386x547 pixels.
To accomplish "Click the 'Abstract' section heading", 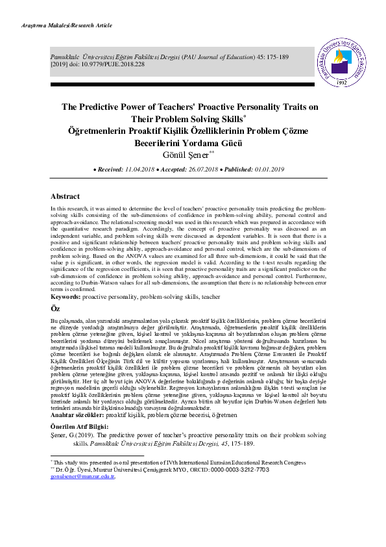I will (66, 196).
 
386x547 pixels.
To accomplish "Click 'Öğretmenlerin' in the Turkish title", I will (98, 130).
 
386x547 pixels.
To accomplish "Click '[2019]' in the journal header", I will (61, 65).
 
